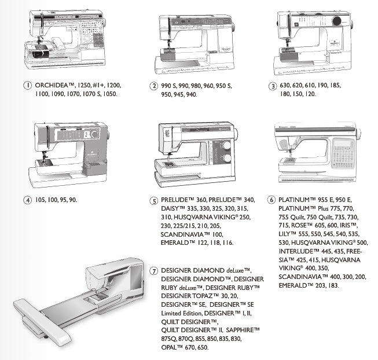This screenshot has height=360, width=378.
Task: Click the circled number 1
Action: click(27, 85)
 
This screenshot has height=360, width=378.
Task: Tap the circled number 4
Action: click(27, 200)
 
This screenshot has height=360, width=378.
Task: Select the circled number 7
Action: click(154, 271)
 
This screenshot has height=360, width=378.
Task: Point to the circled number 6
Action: click(271, 200)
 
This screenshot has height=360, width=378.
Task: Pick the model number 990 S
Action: click(169, 86)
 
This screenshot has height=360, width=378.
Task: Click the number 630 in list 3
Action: click(285, 85)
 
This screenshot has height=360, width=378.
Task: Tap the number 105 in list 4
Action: click(41, 200)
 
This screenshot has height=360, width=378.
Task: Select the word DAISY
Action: click(170, 208)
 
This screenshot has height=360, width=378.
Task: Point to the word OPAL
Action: click(169, 347)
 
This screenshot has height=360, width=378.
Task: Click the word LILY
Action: click(284, 234)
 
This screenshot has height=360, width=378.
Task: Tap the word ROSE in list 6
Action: click(299, 225)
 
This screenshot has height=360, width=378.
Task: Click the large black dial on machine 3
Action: click(337, 21)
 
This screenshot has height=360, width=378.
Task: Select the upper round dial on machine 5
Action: click(226, 145)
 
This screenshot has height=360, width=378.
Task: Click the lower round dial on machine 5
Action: click(226, 158)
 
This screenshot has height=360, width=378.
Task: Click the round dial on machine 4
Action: click(94, 134)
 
